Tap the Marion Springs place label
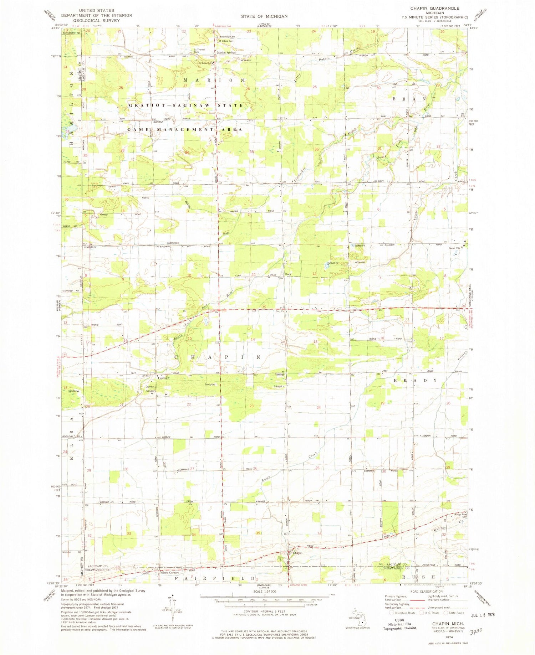(226, 53)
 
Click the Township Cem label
(227, 37)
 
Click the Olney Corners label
(169, 573)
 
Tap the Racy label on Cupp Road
(289, 274)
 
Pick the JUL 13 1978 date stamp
(483, 615)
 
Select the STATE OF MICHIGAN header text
(264, 16)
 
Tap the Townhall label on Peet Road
(280, 375)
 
